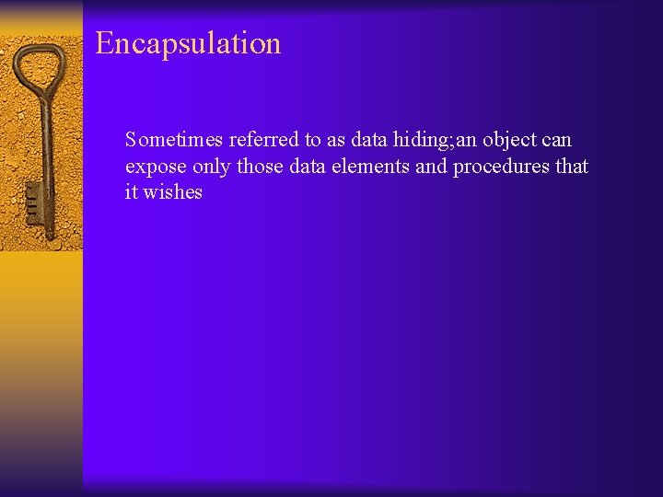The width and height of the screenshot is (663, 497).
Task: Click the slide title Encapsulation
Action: [x=188, y=44]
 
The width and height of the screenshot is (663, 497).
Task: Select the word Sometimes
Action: [x=174, y=140]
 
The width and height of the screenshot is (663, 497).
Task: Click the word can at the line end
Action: [x=556, y=140]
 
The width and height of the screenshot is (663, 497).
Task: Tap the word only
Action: [x=212, y=167]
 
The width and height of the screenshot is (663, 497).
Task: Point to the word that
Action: [x=572, y=167]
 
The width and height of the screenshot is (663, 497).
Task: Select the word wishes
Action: [x=172, y=192]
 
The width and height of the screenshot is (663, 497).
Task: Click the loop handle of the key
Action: [x=38, y=65]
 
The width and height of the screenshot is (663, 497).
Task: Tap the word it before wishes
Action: [x=132, y=192]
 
